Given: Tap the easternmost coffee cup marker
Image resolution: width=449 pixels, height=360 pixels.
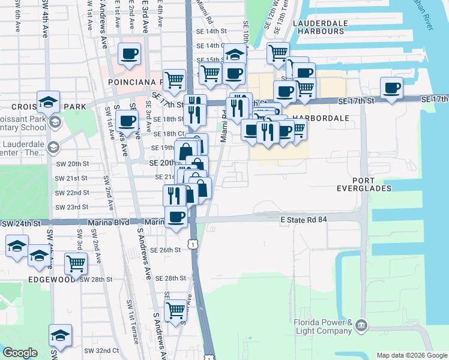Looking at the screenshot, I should pyautogui.click(x=392, y=89).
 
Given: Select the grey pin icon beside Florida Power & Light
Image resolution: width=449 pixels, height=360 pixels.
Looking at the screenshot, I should pyautogui.click(x=361, y=326).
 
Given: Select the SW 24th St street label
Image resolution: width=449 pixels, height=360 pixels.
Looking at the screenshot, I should pyautogui.click(x=22, y=223).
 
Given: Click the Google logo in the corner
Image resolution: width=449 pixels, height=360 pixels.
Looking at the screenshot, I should pyautogui.click(x=20, y=352).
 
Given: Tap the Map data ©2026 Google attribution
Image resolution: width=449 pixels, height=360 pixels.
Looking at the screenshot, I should pyautogui.click(x=412, y=355).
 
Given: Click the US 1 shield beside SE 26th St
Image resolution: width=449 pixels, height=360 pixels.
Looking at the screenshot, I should pyautogui.click(x=191, y=244).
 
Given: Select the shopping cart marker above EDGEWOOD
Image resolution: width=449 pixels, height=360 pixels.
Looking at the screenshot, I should pyautogui.click(x=76, y=263).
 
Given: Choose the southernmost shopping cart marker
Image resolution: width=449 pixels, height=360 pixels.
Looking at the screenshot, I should pyautogui.click(x=175, y=310).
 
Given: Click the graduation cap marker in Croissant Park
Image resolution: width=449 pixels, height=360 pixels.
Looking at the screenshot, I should pyautogui.click(x=48, y=102).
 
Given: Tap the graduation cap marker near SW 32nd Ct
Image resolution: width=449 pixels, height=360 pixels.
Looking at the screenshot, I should pyautogui.click(x=60, y=335).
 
